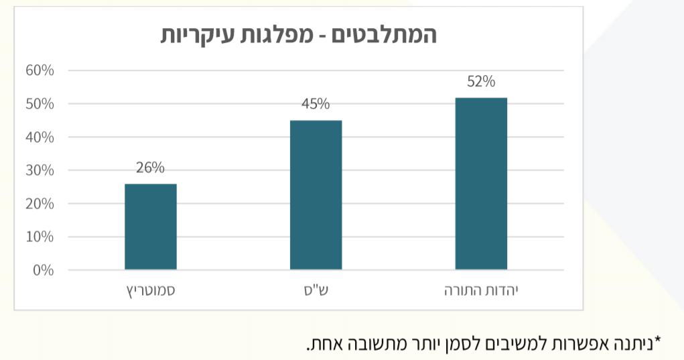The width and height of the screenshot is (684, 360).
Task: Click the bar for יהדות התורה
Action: (x=480, y=184)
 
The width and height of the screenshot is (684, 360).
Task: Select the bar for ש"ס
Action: (x=316, y=195)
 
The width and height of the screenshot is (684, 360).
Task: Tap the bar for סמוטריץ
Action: (x=150, y=227)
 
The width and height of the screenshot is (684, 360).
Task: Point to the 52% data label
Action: (x=481, y=82)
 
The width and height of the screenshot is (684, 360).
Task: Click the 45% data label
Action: (x=316, y=104)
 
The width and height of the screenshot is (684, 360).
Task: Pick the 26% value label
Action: (x=150, y=168)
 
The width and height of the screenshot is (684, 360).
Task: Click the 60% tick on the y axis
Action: (x=40, y=70)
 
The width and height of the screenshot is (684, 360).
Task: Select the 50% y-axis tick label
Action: (x=40, y=104)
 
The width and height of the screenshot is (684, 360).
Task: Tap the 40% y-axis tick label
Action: (x=40, y=137)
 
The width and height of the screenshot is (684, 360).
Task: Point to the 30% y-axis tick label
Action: (x=40, y=170)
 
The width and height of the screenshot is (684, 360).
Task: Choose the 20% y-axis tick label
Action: (x=40, y=204)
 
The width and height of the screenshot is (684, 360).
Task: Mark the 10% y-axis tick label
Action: (x=40, y=237)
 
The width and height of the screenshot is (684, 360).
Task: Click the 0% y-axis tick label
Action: (x=44, y=270)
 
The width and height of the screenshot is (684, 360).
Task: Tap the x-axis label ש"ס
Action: (x=316, y=292)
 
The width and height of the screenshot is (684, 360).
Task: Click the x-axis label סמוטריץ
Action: (x=150, y=292)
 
